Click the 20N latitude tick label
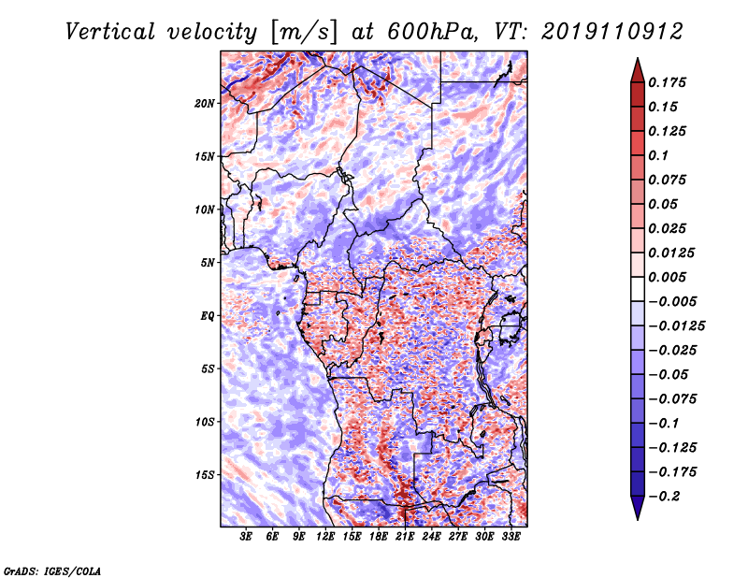point(205,104)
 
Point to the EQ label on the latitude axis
point(208,316)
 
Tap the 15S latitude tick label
point(205,475)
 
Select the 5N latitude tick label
point(208,263)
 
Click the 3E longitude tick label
point(246,537)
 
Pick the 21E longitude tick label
point(405,537)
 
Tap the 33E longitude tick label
point(511,537)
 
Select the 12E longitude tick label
point(324,537)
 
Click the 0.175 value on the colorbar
point(667,82)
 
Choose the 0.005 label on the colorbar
point(667,277)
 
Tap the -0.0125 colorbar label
point(676,326)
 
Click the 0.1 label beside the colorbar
point(658,155)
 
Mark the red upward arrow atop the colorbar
point(638,70)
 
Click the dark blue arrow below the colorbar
point(638,508)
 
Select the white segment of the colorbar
point(638,289)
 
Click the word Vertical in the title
point(110,32)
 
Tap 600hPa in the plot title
point(432,32)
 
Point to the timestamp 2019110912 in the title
point(612,32)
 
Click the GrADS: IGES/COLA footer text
point(52,571)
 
